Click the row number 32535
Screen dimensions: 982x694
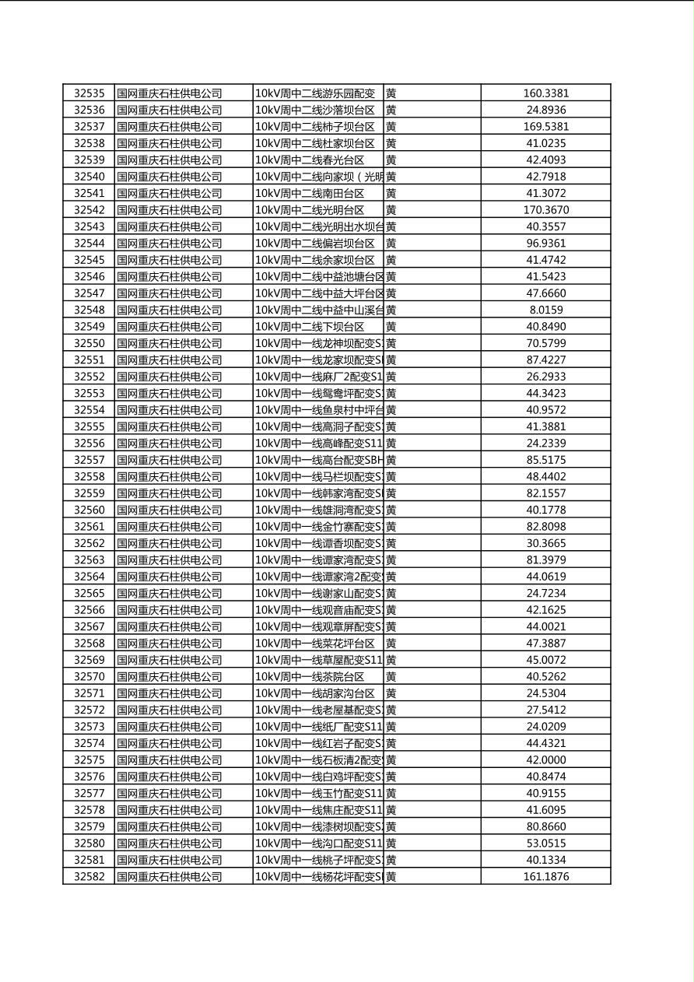89,93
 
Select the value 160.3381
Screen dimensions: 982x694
545,93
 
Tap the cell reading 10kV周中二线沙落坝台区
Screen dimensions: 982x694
315,110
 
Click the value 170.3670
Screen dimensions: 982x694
545,210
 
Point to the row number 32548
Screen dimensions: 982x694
89,310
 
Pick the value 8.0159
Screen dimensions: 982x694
545,310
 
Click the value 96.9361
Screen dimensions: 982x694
545,243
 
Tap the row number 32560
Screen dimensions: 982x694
89,510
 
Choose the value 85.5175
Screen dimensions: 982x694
545,460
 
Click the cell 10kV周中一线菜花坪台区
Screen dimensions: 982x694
315,643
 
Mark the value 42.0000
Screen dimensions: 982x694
545,759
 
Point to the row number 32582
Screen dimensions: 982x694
89,876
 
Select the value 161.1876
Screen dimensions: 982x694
545,876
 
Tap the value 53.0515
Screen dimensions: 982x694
545,843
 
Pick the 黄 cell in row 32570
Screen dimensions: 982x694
391,676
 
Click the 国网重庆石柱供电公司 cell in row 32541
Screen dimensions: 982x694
170,193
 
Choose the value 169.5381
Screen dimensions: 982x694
545,126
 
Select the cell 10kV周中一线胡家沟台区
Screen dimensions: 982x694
315,693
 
